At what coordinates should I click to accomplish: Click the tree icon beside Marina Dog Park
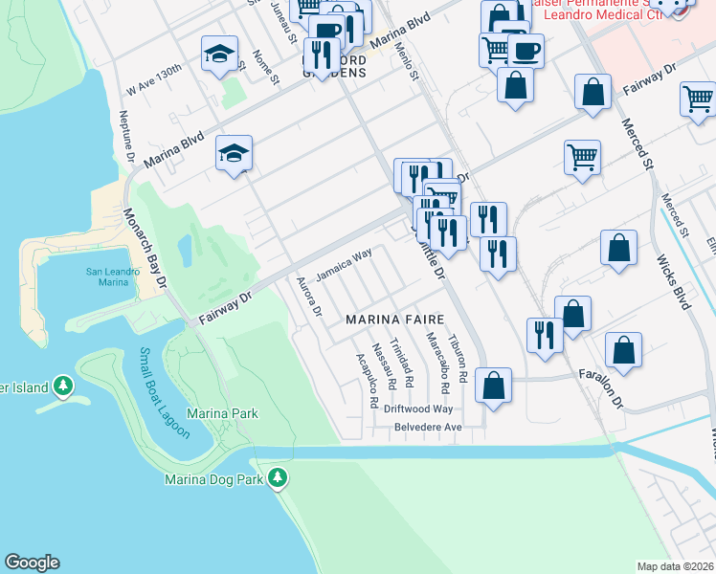(278, 476)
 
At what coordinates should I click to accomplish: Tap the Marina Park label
(222, 413)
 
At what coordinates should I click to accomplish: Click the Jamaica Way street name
(344, 265)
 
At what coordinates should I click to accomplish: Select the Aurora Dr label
(308, 297)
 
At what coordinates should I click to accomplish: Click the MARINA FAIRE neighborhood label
(394, 318)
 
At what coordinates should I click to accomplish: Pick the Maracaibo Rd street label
(438, 364)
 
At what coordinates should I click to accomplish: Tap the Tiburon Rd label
(461, 360)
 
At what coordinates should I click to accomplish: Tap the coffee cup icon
(525, 49)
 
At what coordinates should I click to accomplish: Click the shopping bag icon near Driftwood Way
(493, 386)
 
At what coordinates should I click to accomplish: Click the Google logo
(32, 563)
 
